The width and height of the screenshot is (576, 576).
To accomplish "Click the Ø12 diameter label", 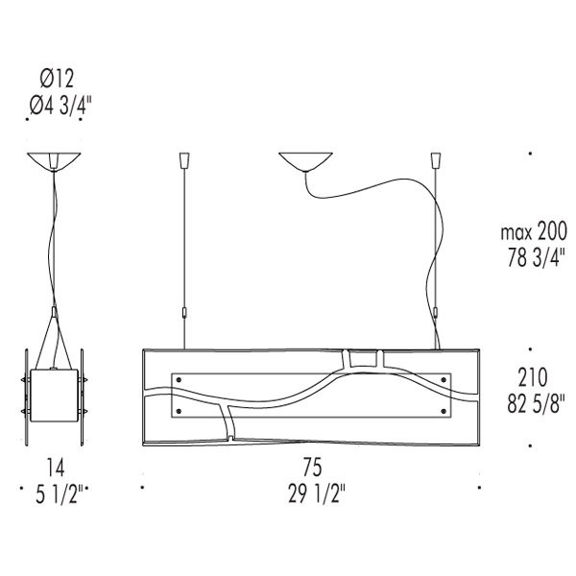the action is (x=57, y=79).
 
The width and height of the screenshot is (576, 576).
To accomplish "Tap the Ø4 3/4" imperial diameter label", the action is (x=60, y=106).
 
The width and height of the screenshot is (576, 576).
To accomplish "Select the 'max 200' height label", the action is (x=534, y=232).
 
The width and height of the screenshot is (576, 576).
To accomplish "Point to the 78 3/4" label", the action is (x=536, y=258).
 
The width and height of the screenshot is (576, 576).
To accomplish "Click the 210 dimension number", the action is (x=533, y=377).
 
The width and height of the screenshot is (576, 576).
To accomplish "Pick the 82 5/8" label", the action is (x=536, y=403).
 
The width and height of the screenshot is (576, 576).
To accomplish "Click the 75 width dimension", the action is (x=313, y=467).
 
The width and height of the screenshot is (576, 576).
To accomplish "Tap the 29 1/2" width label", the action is (x=317, y=493).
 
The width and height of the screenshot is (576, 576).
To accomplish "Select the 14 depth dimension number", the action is (x=56, y=468).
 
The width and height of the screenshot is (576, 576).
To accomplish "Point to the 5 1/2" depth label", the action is (x=60, y=493).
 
